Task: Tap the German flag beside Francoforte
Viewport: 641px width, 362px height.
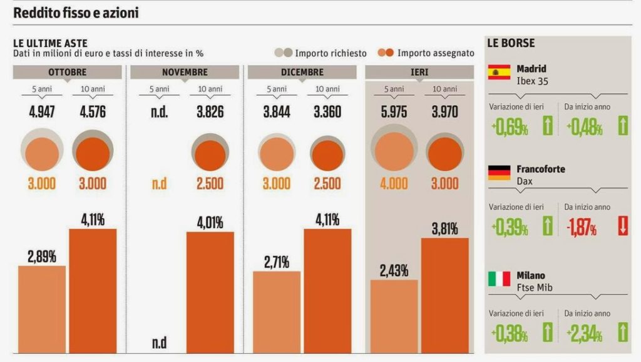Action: pyautogui.click(x=499, y=173)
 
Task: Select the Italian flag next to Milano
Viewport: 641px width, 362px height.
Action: pyautogui.click(x=499, y=279)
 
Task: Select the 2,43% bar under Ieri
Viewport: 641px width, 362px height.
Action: pyautogui.click(x=394, y=316)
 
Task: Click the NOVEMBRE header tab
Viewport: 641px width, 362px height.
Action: pyautogui.click(x=185, y=72)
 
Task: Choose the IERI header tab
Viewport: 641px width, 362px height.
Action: pyautogui.click(x=419, y=72)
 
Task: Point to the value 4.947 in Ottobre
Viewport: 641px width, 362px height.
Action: pyautogui.click(x=42, y=114)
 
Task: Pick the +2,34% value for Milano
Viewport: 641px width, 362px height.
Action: pyautogui.click(x=585, y=335)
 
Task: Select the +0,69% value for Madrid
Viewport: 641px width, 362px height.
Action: pyautogui.click(x=508, y=129)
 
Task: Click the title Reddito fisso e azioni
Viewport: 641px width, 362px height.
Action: pyautogui.click(x=76, y=13)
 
